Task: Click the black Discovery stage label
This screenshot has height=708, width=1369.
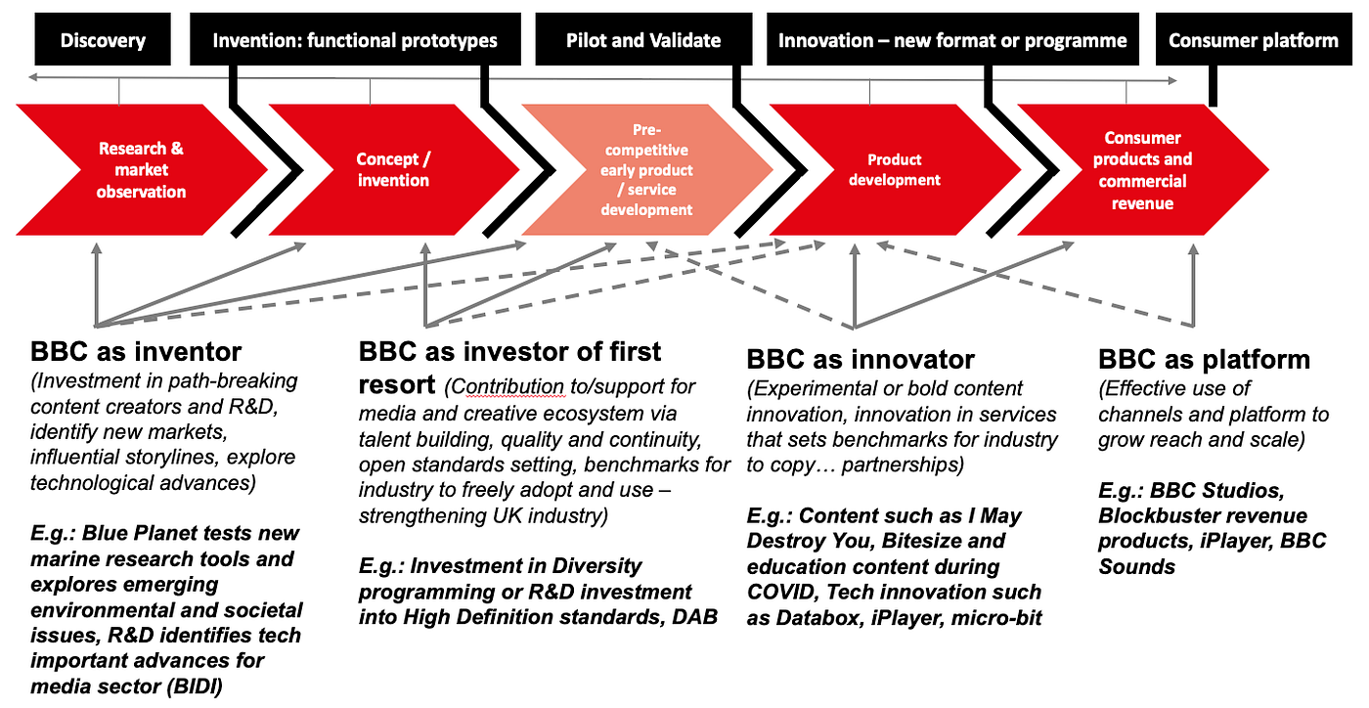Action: point(103,40)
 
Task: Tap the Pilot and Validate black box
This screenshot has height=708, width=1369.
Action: point(643,40)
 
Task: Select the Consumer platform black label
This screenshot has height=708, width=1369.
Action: point(1253,40)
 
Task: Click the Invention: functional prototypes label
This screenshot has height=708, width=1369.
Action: point(355,40)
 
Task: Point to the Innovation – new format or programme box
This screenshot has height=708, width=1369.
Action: point(952,40)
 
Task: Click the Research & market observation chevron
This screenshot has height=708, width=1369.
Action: point(140,170)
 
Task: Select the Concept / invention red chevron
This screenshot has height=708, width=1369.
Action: point(392,170)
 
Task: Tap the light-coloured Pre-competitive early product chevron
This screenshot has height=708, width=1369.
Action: point(645,170)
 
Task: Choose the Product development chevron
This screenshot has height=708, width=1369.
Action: point(894,170)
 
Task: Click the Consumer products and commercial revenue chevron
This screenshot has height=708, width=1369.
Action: point(1142,170)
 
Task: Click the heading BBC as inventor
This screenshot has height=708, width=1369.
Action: point(136,352)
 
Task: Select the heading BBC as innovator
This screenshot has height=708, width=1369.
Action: point(861,359)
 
